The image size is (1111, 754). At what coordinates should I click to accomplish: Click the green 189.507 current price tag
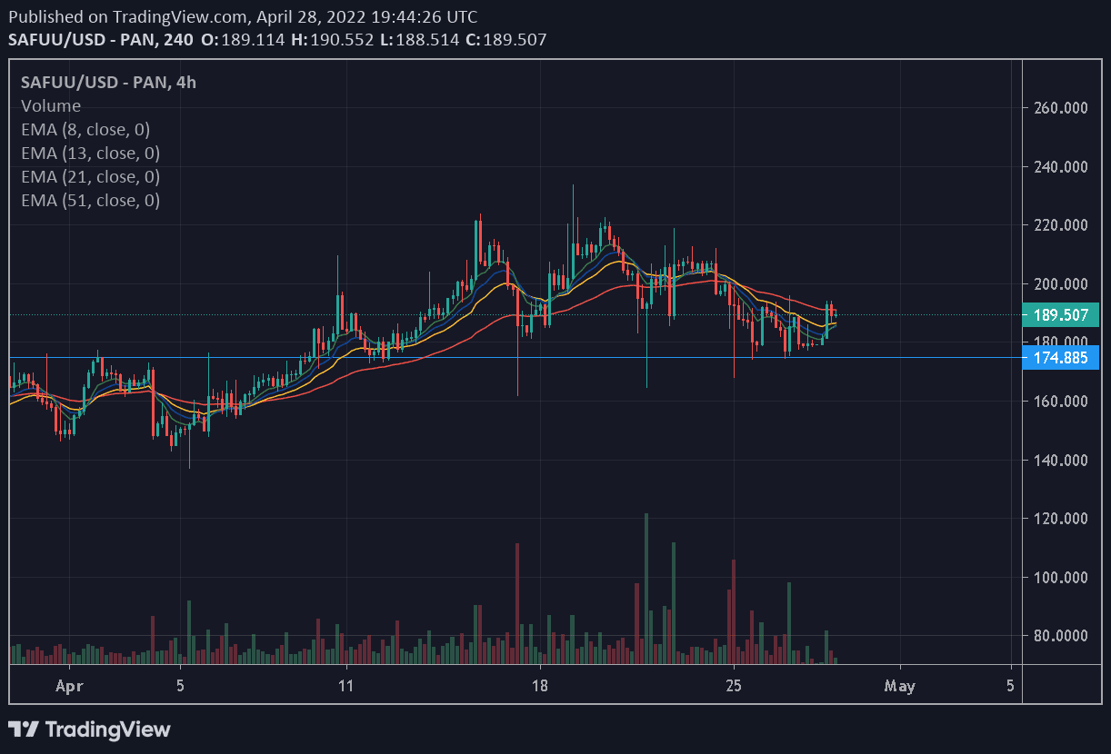pyautogui.click(x=1061, y=315)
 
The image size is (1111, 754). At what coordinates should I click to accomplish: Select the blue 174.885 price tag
pyautogui.click(x=1061, y=357)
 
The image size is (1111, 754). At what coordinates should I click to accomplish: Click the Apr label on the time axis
pyautogui.click(x=69, y=686)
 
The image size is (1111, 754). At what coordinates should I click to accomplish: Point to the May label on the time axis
pyautogui.click(x=900, y=686)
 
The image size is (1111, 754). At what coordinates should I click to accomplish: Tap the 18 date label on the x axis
pyautogui.click(x=540, y=686)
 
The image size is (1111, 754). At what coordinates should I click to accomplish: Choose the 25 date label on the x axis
pyautogui.click(x=735, y=686)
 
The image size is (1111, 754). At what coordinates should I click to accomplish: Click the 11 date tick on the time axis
pyautogui.click(x=345, y=686)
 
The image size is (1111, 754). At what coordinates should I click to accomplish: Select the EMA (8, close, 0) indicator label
pyautogui.click(x=85, y=130)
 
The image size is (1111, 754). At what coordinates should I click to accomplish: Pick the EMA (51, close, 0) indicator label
pyautogui.click(x=90, y=201)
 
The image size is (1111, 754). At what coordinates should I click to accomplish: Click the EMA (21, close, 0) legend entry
pyautogui.click(x=90, y=177)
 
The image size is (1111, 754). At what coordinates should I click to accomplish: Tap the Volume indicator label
pyautogui.click(x=51, y=106)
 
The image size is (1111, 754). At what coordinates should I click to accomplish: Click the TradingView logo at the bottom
pyautogui.click(x=89, y=729)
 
